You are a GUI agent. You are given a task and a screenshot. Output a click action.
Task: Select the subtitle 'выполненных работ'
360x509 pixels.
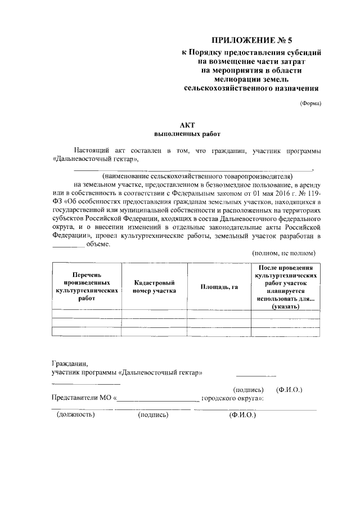(x=187, y=134)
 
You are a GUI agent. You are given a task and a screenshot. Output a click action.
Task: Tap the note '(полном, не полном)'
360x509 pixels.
(x=283, y=253)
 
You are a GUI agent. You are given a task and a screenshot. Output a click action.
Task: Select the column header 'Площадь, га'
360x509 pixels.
(x=219, y=287)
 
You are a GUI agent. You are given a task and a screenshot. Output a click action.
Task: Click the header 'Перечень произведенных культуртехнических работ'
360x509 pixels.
(x=87, y=287)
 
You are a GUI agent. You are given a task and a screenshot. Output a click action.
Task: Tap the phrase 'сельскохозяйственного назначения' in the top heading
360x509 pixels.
(x=251, y=88)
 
